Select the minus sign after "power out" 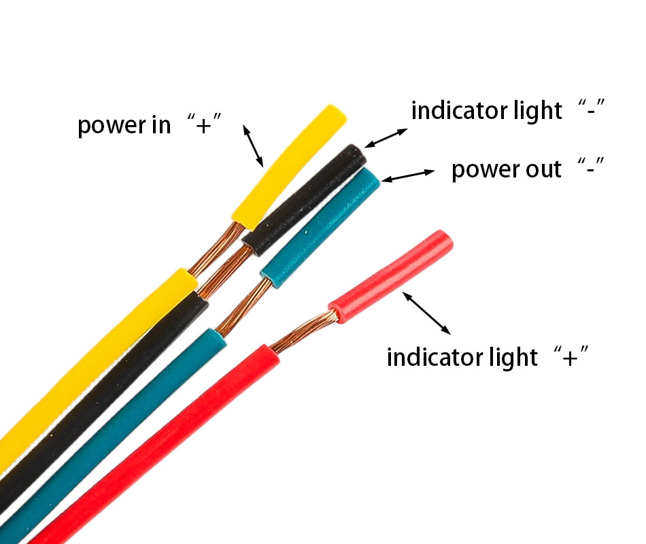pos(590,168)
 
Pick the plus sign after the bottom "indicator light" pos(572,356)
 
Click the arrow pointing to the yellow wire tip pos(253,146)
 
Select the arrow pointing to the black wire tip pos(386,137)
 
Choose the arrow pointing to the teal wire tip pos(408,175)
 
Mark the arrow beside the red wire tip pos(426,312)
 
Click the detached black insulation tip pos(306,198)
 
